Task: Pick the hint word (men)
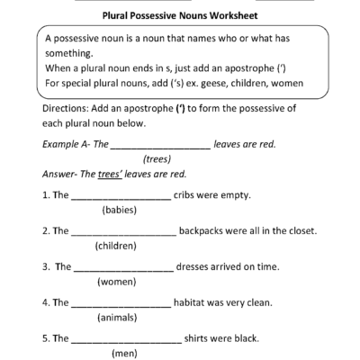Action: coord(122,353)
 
